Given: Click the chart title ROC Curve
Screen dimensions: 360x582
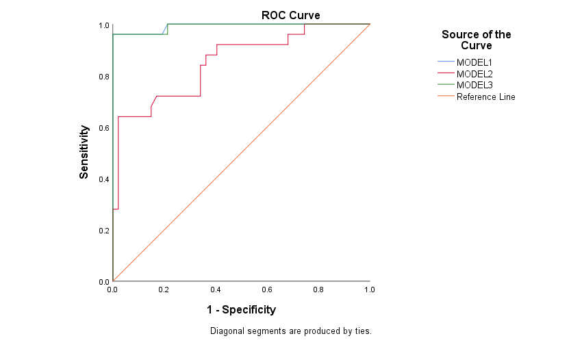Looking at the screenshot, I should click(x=290, y=15).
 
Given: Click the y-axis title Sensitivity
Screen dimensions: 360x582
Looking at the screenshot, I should click(x=84, y=152).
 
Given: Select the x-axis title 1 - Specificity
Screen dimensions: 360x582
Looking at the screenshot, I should click(x=241, y=310).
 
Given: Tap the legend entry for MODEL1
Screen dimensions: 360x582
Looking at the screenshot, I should click(x=475, y=62).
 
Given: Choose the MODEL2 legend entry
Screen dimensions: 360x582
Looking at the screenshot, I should click(x=475, y=74).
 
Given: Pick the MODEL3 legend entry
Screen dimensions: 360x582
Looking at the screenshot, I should click(x=475, y=85).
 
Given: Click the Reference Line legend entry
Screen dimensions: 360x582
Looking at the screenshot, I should click(x=485, y=97).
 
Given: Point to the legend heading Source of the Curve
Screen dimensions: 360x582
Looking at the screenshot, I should click(x=476, y=40).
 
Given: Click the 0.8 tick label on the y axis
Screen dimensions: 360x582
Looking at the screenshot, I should click(x=103, y=77).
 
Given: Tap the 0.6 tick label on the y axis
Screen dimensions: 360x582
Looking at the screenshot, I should click(x=103, y=128).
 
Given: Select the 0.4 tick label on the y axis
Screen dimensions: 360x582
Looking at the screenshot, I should click(x=103, y=179).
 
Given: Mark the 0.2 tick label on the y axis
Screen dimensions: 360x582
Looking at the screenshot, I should click(x=103, y=231).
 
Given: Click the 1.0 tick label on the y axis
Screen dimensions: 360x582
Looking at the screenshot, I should click(x=103, y=25).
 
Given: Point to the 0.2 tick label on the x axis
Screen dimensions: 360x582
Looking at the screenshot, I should click(x=164, y=290).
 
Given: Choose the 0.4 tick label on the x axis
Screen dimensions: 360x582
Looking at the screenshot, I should click(x=216, y=290).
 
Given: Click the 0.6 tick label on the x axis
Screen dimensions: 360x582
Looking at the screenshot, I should click(x=267, y=290).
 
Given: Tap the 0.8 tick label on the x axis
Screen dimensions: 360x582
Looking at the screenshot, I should click(x=318, y=290).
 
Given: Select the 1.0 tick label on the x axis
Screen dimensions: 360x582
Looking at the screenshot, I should click(x=370, y=290).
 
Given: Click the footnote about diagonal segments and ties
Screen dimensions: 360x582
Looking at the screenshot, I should click(x=290, y=331).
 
